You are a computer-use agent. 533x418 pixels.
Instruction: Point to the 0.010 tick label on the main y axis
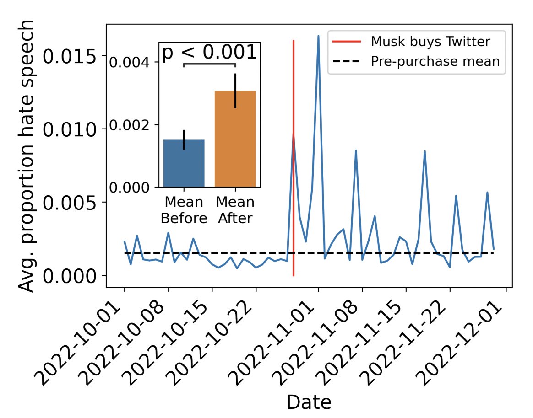(x=71, y=129)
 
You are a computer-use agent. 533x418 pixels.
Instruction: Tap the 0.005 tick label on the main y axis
(x=71, y=202)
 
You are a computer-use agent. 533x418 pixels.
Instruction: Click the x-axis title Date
(x=309, y=402)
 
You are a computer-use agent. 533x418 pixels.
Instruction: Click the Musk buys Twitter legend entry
(x=430, y=42)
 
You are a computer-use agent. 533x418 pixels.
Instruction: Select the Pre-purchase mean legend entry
(x=435, y=61)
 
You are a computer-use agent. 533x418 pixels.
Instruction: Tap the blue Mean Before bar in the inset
(x=184, y=163)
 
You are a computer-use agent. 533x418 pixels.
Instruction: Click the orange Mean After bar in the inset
(x=235, y=139)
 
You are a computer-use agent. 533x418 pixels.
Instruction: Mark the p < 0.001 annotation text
(x=209, y=53)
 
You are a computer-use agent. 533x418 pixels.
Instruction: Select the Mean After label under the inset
(x=235, y=210)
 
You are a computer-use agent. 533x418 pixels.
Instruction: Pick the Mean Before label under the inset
(x=184, y=210)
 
